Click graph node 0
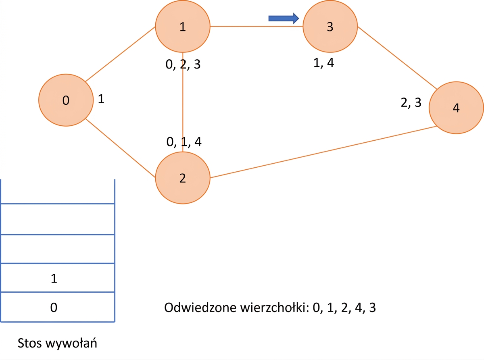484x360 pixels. click(x=66, y=100)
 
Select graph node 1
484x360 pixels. click(x=183, y=26)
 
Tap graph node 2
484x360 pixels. click(x=183, y=178)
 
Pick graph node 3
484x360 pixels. click(x=330, y=26)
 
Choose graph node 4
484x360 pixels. click(x=456, y=108)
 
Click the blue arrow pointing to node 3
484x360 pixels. click(x=284, y=18)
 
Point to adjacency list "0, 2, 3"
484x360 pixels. click(x=183, y=65)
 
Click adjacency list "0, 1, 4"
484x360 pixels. click(x=184, y=142)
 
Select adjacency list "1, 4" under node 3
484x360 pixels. click(x=323, y=63)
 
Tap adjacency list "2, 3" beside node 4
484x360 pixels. click(x=411, y=102)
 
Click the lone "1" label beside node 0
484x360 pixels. click(x=101, y=99)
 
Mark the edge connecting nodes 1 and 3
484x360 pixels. click(x=257, y=26)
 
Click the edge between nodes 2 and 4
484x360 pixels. click(x=323, y=152)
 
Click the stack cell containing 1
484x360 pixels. click(x=58, y=278)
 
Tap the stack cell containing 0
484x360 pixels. click(x=58, y=307)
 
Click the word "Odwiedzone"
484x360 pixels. click(x=200, y=308)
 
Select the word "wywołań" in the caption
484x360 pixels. click(x=71, y=343)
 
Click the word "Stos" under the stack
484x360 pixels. click(x=30, y=343)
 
